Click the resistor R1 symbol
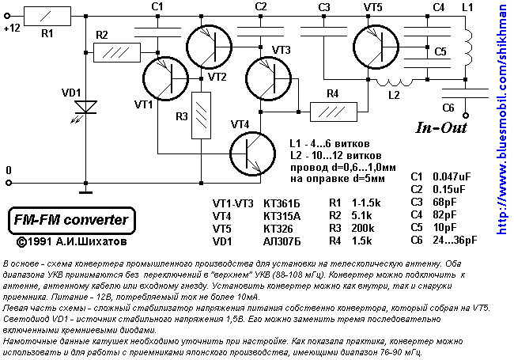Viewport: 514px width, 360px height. (x=46, y=16)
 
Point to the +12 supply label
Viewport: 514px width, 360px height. (x=12, y=26)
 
